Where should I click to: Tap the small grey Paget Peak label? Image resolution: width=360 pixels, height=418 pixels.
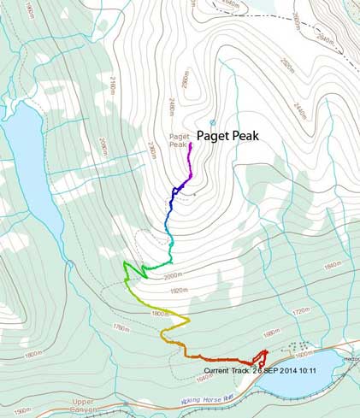pos(178,140)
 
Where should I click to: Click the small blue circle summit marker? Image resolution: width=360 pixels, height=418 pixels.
pos(213,123)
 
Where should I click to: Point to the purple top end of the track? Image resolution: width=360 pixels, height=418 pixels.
pos(191,145)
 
